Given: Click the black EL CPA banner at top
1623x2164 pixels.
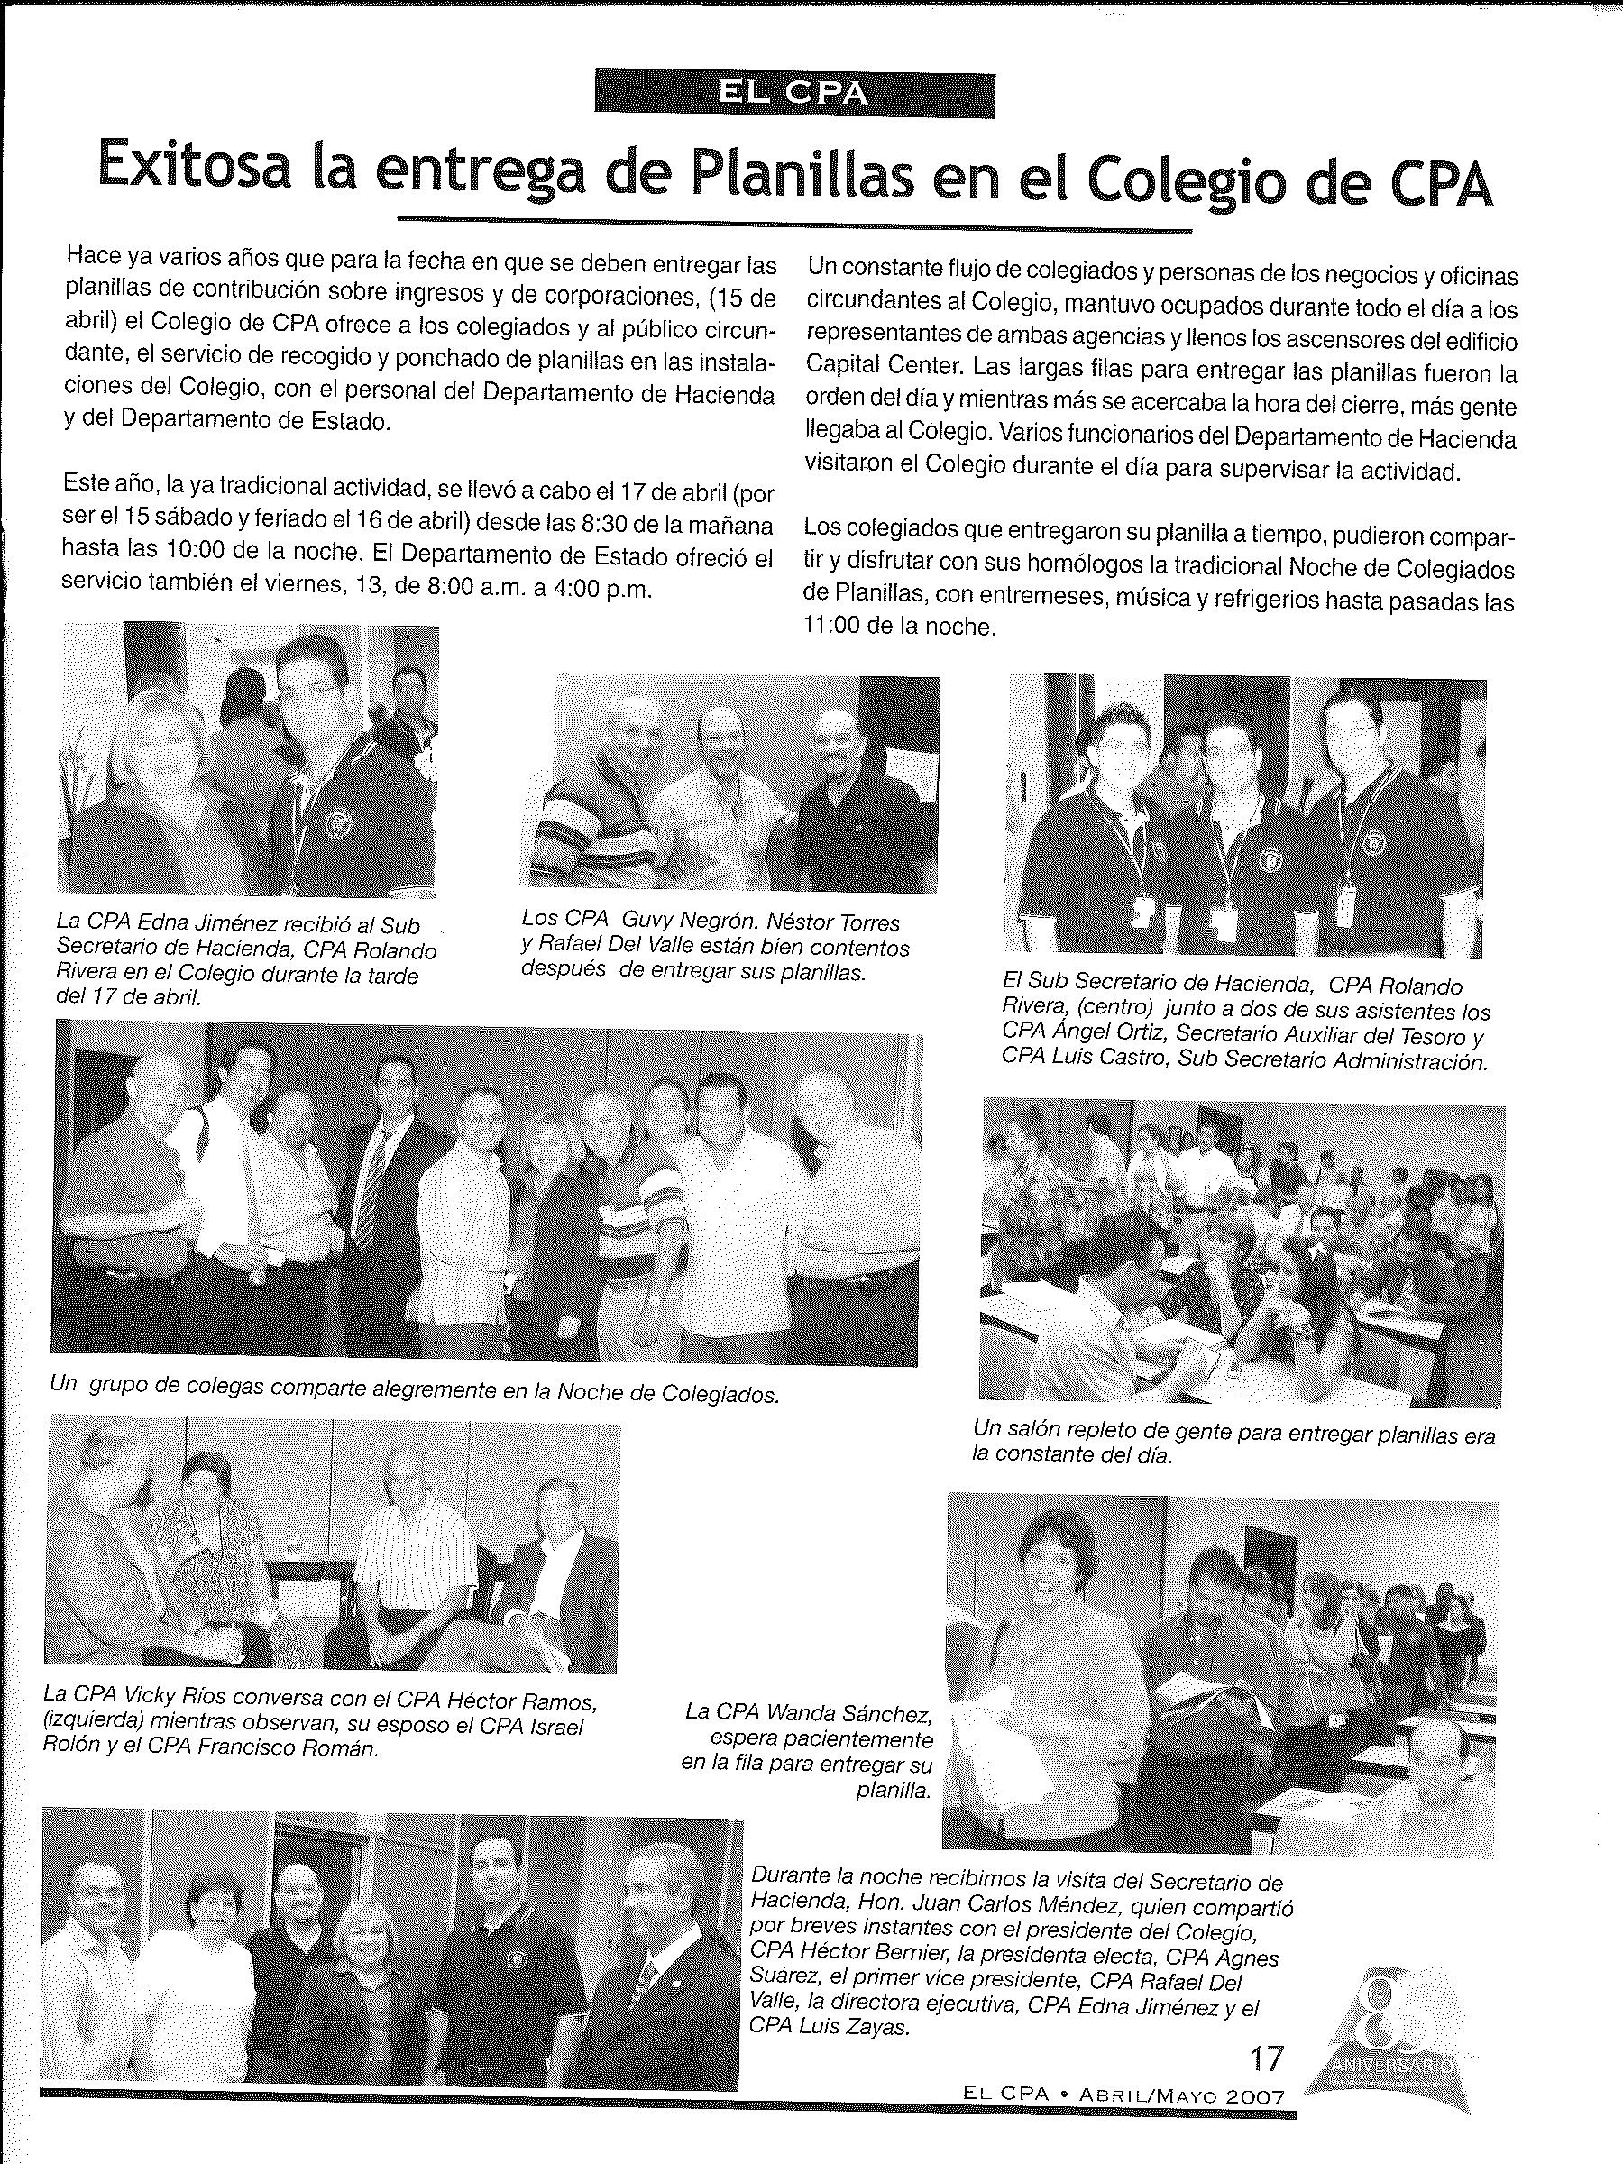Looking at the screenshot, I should coord(793,92).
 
